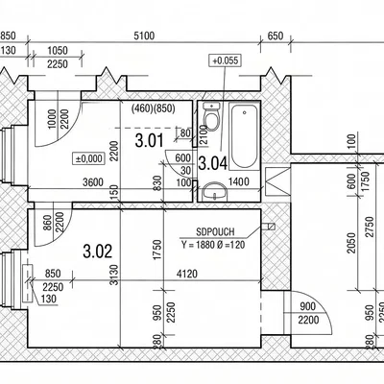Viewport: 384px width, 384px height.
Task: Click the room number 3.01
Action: pyautogui.click(x=149, y=141)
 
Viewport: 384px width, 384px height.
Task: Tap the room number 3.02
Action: pyautogui.click(x=98, y=252)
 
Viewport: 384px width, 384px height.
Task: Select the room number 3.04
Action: pyautogui.click(x=213, y=163)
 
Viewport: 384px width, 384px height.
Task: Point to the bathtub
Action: pyautogui.click(x=244, y=135)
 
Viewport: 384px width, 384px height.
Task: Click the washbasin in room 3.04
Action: pyautogui.click(x=215, y=191)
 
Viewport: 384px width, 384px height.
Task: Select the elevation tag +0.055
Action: pyautogui.click(x=225, y=60)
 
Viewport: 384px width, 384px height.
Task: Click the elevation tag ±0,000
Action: pyautogui.click(x=89, y=158)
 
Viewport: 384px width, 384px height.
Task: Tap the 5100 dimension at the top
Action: pyautogui.click(x=144, y=36)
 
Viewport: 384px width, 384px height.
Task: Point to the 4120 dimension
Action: pyautogui.click(x=187, y=274)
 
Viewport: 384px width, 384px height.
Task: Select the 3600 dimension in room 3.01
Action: pyautogui.click(x=93, y=182)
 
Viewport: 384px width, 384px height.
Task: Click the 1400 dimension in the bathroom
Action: pyautogui.click(x=238, y=182)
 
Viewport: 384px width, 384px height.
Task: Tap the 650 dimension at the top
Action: pyautogui.click(x=276, y=36)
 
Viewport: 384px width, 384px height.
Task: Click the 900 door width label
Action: pyautogui.click(x=308, y=307)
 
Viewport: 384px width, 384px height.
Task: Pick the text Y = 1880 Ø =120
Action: pyautogui.click(x=213, y=245)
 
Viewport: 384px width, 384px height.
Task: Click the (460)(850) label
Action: pyautogui.click(x=154, y=108)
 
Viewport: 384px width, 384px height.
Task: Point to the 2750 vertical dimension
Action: pyautogui.click(x=370, y=227)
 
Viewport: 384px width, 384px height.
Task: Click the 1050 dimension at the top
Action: pyautogui.click(x=58, y=51)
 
